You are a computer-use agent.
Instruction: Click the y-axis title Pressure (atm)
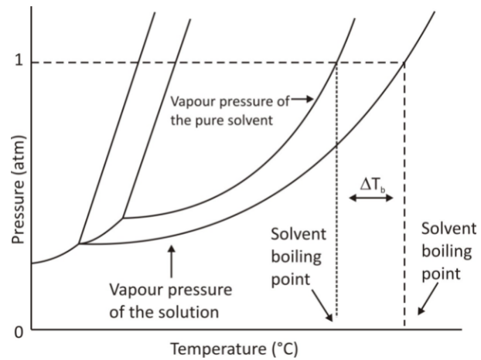(18, 189)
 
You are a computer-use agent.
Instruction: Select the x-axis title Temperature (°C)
(234, 349)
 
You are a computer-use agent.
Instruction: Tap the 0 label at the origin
(19, 332)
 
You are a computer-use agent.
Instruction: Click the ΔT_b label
(373, 185)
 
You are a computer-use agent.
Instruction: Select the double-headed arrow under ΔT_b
(371, 199)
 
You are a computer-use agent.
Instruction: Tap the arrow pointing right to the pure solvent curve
(302, 99)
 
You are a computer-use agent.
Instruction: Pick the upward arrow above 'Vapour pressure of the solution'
(172, 261)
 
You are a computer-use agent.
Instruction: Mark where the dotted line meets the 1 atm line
(337, 63)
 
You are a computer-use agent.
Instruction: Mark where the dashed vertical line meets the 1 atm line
(404, 63)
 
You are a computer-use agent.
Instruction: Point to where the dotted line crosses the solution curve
(337, 145)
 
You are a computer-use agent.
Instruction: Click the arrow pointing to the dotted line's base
(322, 305)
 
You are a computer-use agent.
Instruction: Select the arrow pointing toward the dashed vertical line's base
(428, 299)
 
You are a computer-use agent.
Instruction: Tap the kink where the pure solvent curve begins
(123, 218)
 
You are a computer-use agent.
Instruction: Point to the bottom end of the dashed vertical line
(404, 326)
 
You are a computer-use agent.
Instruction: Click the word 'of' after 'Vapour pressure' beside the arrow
(283, 101)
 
